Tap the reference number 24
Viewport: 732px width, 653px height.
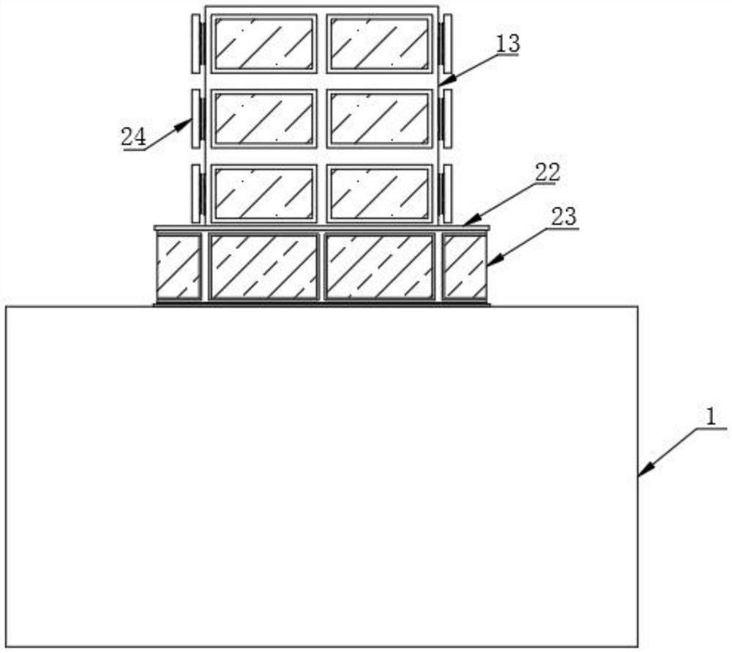pyautogui.click(x=133, y=137)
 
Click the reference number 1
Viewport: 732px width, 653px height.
pyautogui.click(x=709, y=417)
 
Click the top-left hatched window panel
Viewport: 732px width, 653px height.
pyautogui.click(x=264, y=43)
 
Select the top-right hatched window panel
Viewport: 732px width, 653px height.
pyautogui.click(x=379, y=43)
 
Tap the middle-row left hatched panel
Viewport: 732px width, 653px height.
pyautogui.click(x=264, y=118)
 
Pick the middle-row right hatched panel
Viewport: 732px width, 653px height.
pyautogui.click(x=379, y=118)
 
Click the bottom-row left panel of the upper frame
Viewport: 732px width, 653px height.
pyautogui.click(x=264, y=193)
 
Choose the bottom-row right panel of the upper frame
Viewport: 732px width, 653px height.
pyautogui.click(x=379, y=193)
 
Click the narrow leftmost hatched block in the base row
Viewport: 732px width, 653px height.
pyautogui.click(x=178, y=266)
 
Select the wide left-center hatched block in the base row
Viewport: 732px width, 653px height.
pyautogui.click(x=264, y=266)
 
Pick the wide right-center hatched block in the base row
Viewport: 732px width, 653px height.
pyautogui.click(x=379, y=266)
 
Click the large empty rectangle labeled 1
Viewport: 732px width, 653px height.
pyautogui.click(x=322, y=476)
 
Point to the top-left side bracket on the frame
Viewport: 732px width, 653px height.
pyautogui.click(x=196, y=44)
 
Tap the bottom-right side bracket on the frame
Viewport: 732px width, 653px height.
pyautogui.click(x=447, y=193)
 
